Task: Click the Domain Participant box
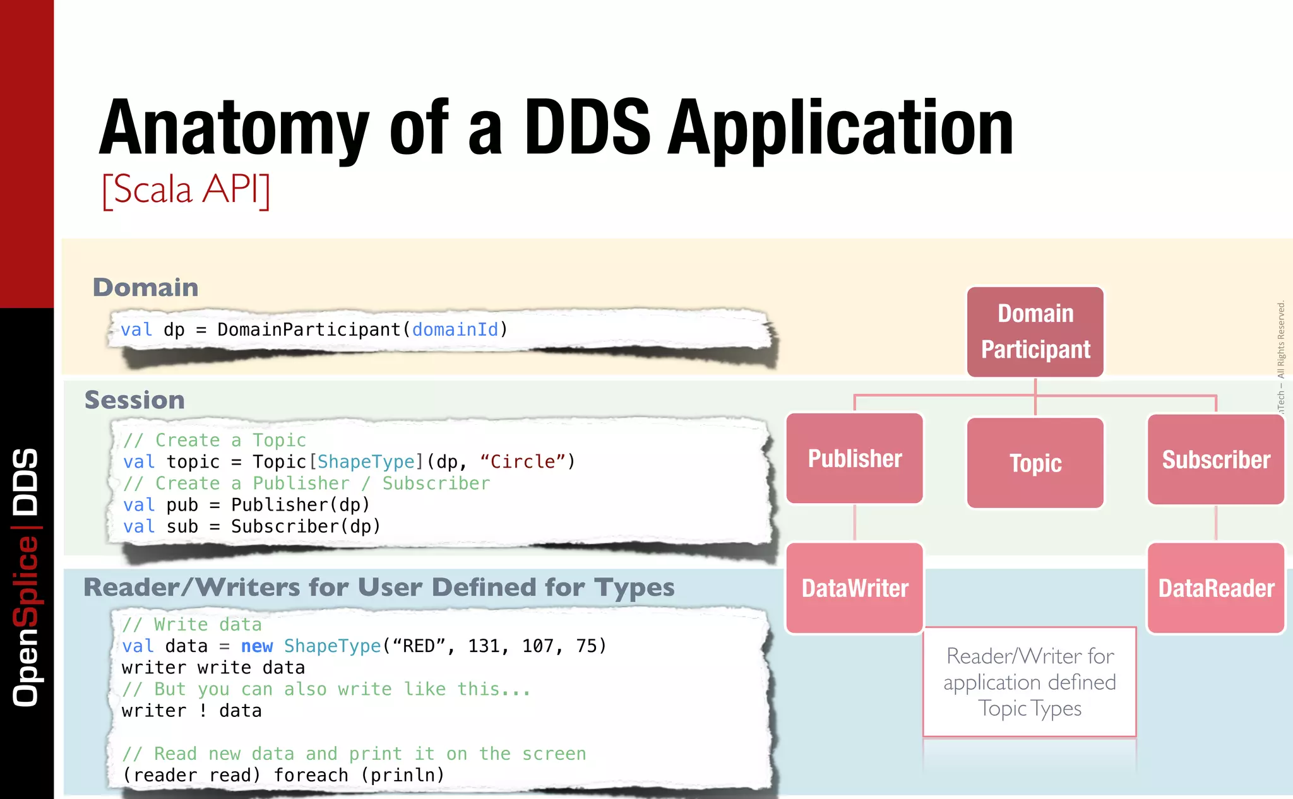(1035, 332)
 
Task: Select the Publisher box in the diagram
(855, 459)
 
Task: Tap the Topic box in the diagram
(1035, 463)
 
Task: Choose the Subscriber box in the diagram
(1216, 460)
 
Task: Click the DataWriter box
(855, 588)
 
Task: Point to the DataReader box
(1216, 588)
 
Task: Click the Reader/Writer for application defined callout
(1030, 682)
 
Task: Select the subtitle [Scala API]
(186, 189)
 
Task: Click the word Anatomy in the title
(234, 129)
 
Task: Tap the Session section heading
(134, 400)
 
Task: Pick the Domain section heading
(145, 288)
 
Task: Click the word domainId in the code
(455, 329)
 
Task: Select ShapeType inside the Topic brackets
(366, 462)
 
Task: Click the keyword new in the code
(257, 646)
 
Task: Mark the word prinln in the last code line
(402, 775)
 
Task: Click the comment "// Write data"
(192, 625)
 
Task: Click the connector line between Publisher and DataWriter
(855, 523)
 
